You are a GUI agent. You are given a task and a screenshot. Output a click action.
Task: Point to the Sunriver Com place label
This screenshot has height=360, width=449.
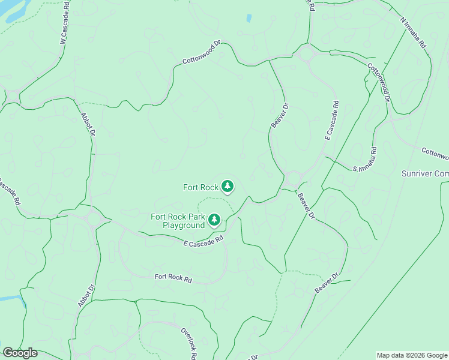coord(424,174)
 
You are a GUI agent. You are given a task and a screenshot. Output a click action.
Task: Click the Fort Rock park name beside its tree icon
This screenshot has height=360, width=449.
coord(200,187)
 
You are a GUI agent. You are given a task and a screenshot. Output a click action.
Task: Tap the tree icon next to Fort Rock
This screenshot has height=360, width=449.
coord(227,187)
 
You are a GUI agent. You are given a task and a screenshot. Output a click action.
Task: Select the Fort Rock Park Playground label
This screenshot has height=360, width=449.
coord(178,221)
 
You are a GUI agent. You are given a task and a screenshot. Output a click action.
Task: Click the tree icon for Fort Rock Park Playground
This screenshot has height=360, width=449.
coord(214,220)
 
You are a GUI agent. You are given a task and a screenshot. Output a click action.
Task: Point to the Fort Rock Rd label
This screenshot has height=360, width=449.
coord(173,278)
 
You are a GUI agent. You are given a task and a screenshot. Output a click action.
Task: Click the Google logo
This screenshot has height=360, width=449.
coord(19,353)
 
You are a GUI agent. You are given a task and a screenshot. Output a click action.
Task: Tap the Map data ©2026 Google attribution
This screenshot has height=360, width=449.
coord(412,355)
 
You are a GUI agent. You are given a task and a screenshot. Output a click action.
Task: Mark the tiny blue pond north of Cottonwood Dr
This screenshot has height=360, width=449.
coord(249,18)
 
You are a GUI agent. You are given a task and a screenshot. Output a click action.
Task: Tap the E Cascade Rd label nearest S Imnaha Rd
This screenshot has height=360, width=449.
coord(331,120)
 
